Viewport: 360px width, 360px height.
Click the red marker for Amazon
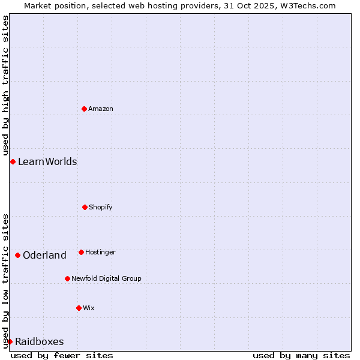84,109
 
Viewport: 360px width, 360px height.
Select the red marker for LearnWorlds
13,161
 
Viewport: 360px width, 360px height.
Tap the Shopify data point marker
85,207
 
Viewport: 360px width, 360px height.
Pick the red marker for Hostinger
81,252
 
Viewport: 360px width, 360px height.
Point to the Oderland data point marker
17,255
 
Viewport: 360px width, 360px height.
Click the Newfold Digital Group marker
67,278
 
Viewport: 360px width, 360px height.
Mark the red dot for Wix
79,308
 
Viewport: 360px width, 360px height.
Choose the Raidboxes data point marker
10,341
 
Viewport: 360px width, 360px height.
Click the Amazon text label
101,109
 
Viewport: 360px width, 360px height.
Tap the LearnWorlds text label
47,161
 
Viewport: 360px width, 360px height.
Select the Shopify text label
101,207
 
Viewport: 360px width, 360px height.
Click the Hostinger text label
100,252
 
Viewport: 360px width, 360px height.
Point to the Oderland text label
44,255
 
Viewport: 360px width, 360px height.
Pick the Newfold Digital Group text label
107,278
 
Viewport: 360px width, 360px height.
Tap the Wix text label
89,308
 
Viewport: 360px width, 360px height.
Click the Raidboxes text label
39,341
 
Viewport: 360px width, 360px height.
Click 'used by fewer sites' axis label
62,355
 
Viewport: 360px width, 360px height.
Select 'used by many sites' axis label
301,355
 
